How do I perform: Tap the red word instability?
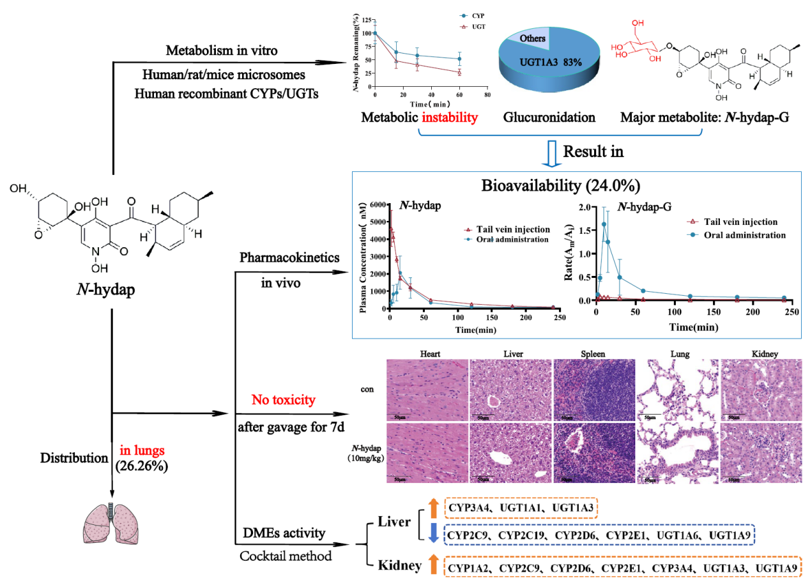(449, 118)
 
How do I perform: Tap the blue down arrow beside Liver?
(432, 535)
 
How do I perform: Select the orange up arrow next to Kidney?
(432, 565)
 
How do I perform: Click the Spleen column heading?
(593, 353)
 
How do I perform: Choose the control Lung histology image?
(677, 389)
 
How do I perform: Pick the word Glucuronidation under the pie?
(549, 118)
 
